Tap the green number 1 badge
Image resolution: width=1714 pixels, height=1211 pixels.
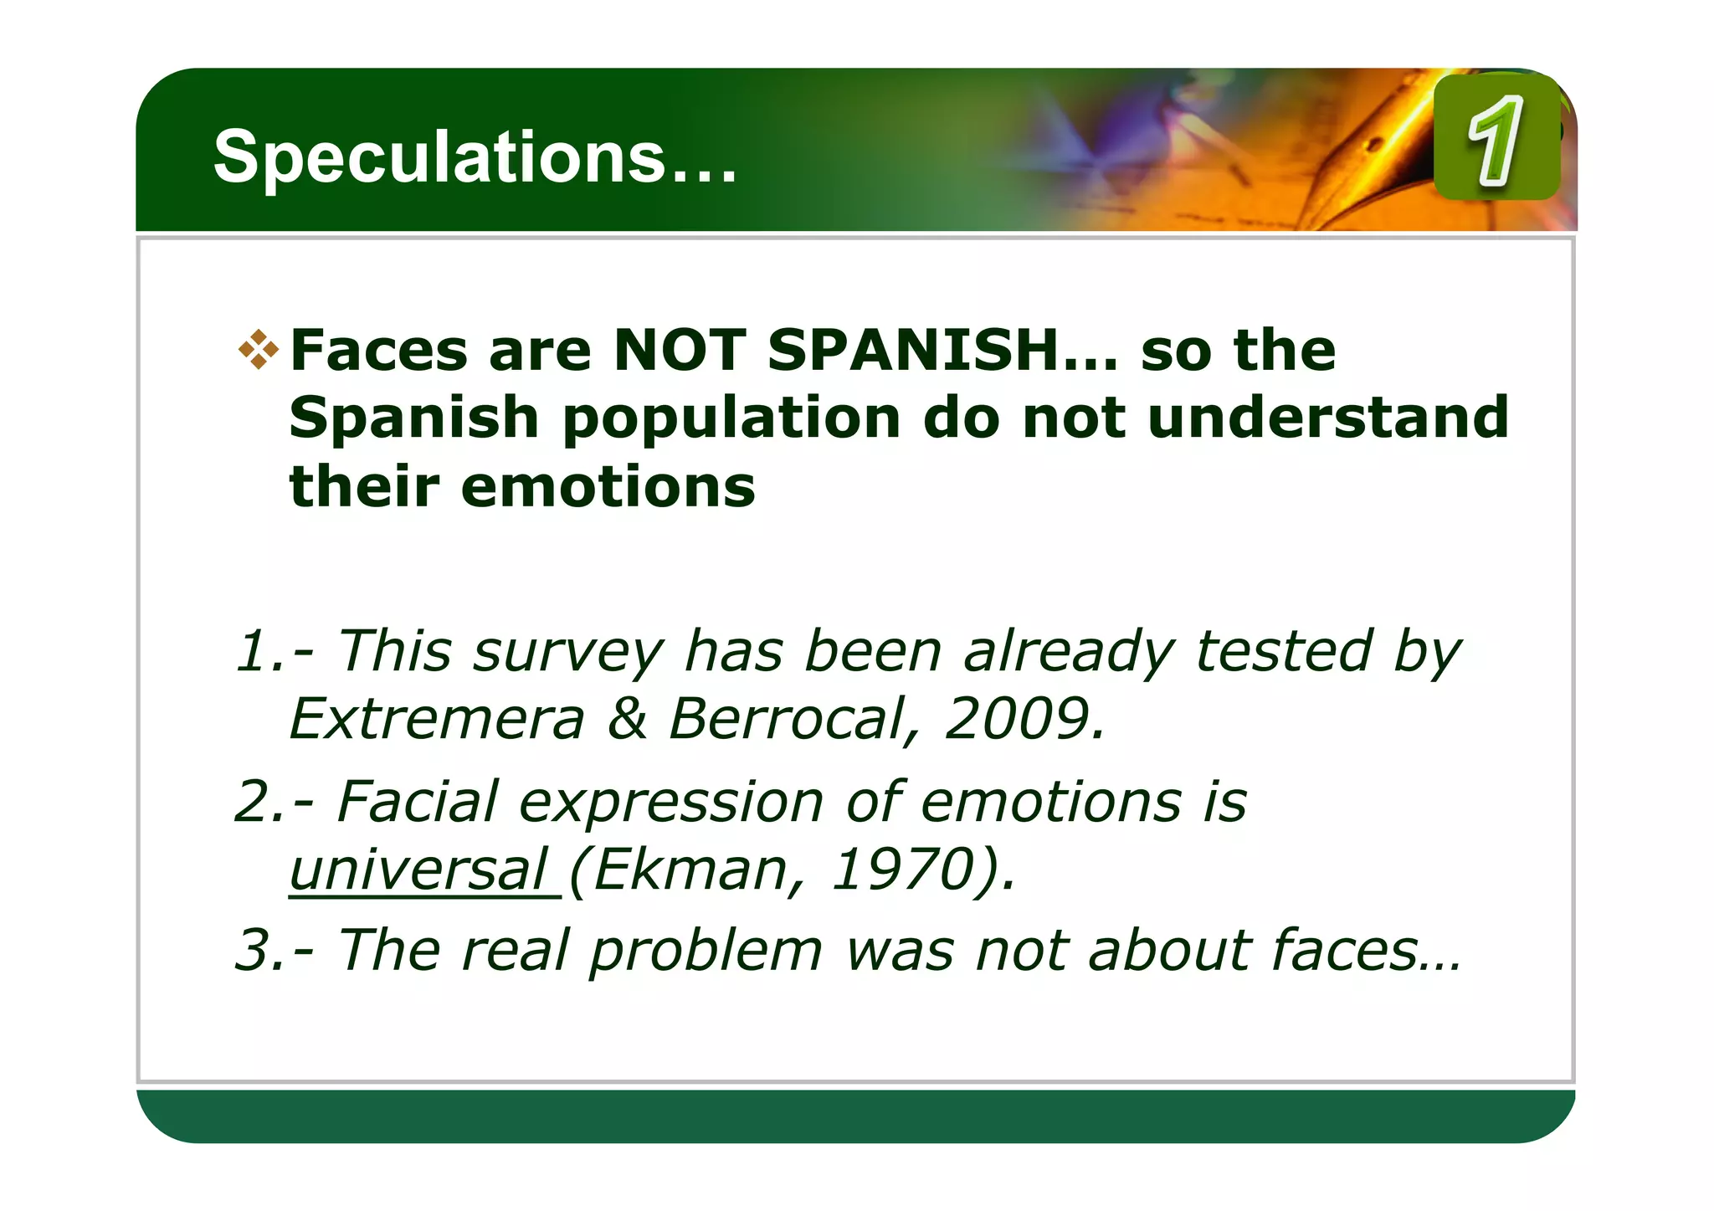tap(1496, 138)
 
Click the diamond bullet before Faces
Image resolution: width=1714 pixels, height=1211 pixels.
tap(259, 350)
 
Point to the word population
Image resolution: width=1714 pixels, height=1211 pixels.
tap(731, 418)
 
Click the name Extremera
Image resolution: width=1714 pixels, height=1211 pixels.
tap(436, 719)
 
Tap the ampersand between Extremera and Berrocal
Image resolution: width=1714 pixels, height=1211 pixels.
tap(628, 719)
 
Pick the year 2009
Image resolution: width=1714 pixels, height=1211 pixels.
tap(1024, 719)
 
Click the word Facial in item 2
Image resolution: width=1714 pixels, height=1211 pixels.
tap(418, 802)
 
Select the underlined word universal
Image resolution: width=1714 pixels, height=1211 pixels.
tap(418, 870)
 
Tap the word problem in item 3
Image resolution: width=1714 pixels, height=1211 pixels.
tap(706, 952)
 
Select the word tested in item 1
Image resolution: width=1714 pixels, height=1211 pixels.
tap(1284, 651)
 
